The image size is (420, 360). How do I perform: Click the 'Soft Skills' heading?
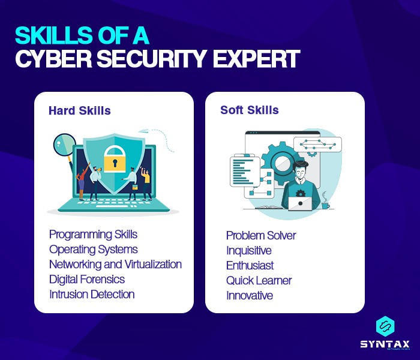[x=249, y=110]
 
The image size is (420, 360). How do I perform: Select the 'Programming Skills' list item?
[x=93, y=234]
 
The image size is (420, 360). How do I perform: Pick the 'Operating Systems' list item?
[x=93, y=249]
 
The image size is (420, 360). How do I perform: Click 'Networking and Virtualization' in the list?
[x=115, y=264]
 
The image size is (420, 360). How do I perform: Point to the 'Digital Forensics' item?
[x=87, y=279]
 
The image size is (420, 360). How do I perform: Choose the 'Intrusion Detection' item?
[x=92, y=294]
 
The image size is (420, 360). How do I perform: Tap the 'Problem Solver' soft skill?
[x=261, y=235]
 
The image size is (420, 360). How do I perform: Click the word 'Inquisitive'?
[x=249, y=250]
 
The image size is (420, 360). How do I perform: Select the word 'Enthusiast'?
[x=250, y=265]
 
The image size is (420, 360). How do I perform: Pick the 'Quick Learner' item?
[x=259, y=280]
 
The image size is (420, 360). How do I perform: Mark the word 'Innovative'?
[x=250, y=295]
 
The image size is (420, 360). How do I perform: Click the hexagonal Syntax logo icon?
[x=385, y=326]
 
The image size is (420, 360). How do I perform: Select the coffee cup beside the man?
[x=325, y=205]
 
